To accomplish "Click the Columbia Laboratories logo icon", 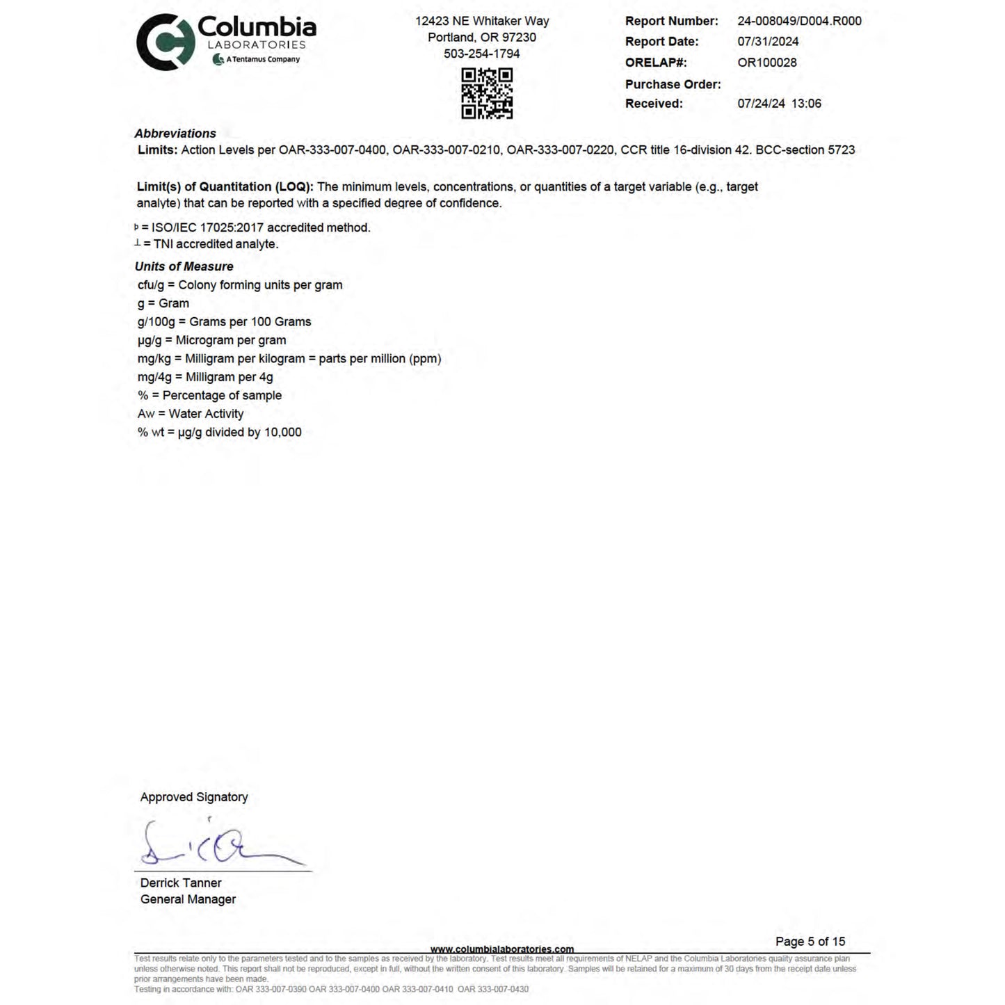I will [165, 42].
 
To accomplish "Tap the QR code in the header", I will [487, 93].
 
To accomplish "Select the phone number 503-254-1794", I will [481, 54].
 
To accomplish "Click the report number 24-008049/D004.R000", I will [799, 21].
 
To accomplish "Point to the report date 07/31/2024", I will [768, 42].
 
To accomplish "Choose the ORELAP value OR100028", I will [767, 63].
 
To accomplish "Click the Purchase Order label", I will [673, 84].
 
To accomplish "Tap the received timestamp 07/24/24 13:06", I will [779, 104].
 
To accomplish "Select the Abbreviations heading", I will [175, 134].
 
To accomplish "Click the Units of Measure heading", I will [184, 266].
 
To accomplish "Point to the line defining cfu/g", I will [240, 285].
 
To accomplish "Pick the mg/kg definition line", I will [289, 359].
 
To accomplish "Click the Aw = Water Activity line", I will [191, 414].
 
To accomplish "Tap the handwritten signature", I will [216, 845].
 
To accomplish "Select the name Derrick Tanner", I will [181, 883].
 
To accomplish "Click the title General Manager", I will [188, 899].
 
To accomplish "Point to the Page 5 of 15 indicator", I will [810, 942].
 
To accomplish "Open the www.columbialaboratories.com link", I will [502, 949].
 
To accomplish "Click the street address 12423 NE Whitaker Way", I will [482, 22].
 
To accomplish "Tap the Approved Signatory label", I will [194, 797].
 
